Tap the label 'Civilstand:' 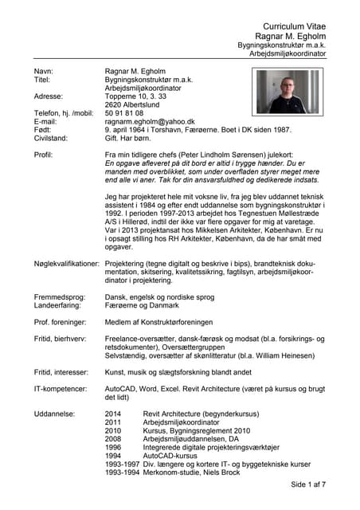point(52,139)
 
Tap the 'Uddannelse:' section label point(55,414)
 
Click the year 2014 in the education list point(114,414)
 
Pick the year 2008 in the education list point(114,439)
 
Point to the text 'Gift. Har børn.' point(132,139)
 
